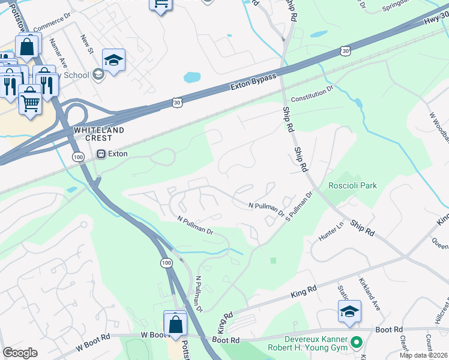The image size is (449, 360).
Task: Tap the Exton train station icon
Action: click(x=101, y=154)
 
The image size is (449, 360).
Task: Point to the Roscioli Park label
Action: click(x=352, y=185)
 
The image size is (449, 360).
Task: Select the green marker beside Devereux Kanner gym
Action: click(x=357, y=343)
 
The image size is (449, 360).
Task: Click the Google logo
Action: click(x=20, y=353)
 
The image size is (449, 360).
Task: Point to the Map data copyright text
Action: click(x=423, y=355)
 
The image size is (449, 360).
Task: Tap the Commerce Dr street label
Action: click(x=52, y=25)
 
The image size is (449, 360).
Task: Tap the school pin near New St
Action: click(x=113, y=60)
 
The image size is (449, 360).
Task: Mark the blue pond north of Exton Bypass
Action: click(x=192, y=77)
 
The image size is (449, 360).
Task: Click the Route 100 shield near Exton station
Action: click(x=78, y=157)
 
